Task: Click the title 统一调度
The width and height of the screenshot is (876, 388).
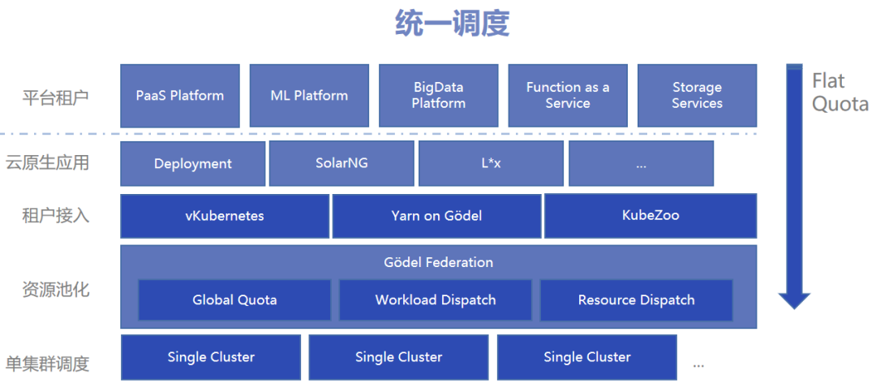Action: click(452, 24)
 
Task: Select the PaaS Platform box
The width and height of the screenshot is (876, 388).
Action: click(180, 96)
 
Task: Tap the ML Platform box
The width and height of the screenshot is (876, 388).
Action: click(309, 96)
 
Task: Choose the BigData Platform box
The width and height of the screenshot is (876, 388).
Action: click(439, 96)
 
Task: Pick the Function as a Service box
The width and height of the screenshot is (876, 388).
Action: click(568, 96)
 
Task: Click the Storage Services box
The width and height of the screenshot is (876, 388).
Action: click(698, 96)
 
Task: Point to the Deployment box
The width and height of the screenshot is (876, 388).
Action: click(193, 163)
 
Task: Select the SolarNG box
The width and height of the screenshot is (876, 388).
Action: click(342, 163)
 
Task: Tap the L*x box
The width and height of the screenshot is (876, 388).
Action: click(491, 163)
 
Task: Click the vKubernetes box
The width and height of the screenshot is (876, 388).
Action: click(225, 216)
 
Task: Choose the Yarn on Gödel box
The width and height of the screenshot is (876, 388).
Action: click(437, 216)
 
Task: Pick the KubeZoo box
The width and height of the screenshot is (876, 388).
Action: click(651, 216)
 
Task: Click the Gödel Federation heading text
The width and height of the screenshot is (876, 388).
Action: click(439, 262)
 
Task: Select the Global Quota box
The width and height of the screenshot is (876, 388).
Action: click(234, 300)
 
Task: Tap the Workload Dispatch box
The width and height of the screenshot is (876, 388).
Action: click(436, 300)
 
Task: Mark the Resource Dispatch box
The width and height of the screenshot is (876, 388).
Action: click(637, 300)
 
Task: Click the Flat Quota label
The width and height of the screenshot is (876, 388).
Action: click(839, 93)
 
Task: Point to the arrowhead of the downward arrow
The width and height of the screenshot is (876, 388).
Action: click(794, 308)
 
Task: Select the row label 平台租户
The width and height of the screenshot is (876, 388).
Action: click(55, 97)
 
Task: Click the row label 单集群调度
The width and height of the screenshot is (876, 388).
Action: click(48, 364)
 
